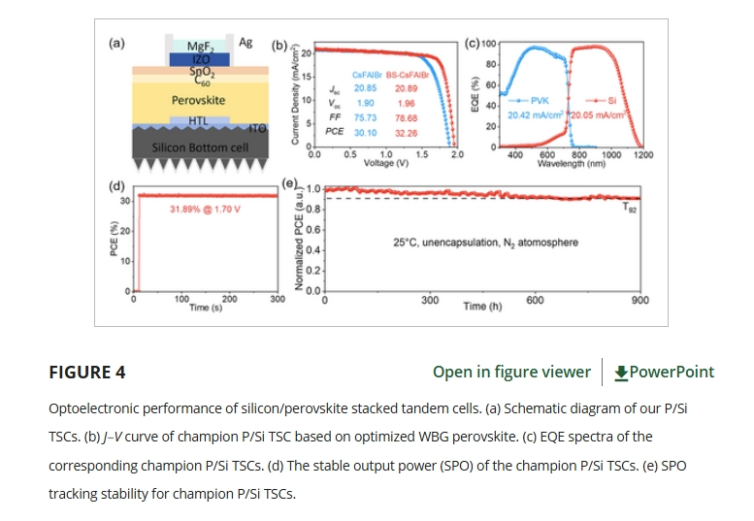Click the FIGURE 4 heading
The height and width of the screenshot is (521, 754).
pyautogui.click(x=86, y=373)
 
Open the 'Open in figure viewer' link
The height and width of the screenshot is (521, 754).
pyautogui.click(x=511, y=373)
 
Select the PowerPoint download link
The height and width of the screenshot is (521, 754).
pyautogui.click(x=665, y=373)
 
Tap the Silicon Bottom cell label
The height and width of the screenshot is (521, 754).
pyautogui.click(x=198, y=147)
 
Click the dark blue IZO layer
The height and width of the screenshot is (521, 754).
pyautogui.click(x=199, y=59)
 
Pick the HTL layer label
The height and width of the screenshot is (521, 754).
pyautogui.click(x=198, y=120)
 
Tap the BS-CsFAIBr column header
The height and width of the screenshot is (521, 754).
pyautogui.click(x=407, y=75)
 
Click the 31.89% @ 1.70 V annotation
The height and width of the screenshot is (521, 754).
pyautogui.click(x=205, y=209)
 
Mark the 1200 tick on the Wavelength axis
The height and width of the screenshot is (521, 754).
pyautogui.click(x=643, y=154)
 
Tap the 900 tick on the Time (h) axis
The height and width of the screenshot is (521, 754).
pyautogui.click(x=640, y=301)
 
